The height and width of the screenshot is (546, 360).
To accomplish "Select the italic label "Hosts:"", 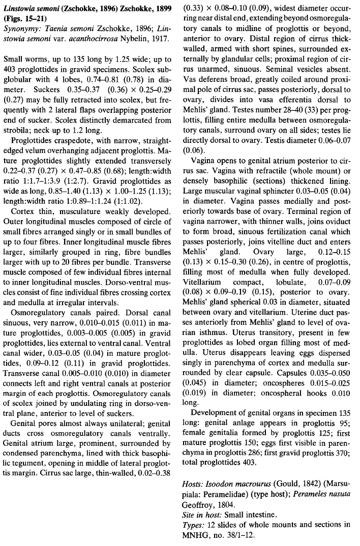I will click(194, 483).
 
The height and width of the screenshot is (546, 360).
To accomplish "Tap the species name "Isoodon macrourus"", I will click(237, 483).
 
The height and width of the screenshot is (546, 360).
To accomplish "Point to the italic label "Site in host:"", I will click(202, 512).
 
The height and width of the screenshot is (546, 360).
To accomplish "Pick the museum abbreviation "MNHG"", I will click(194, 532).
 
